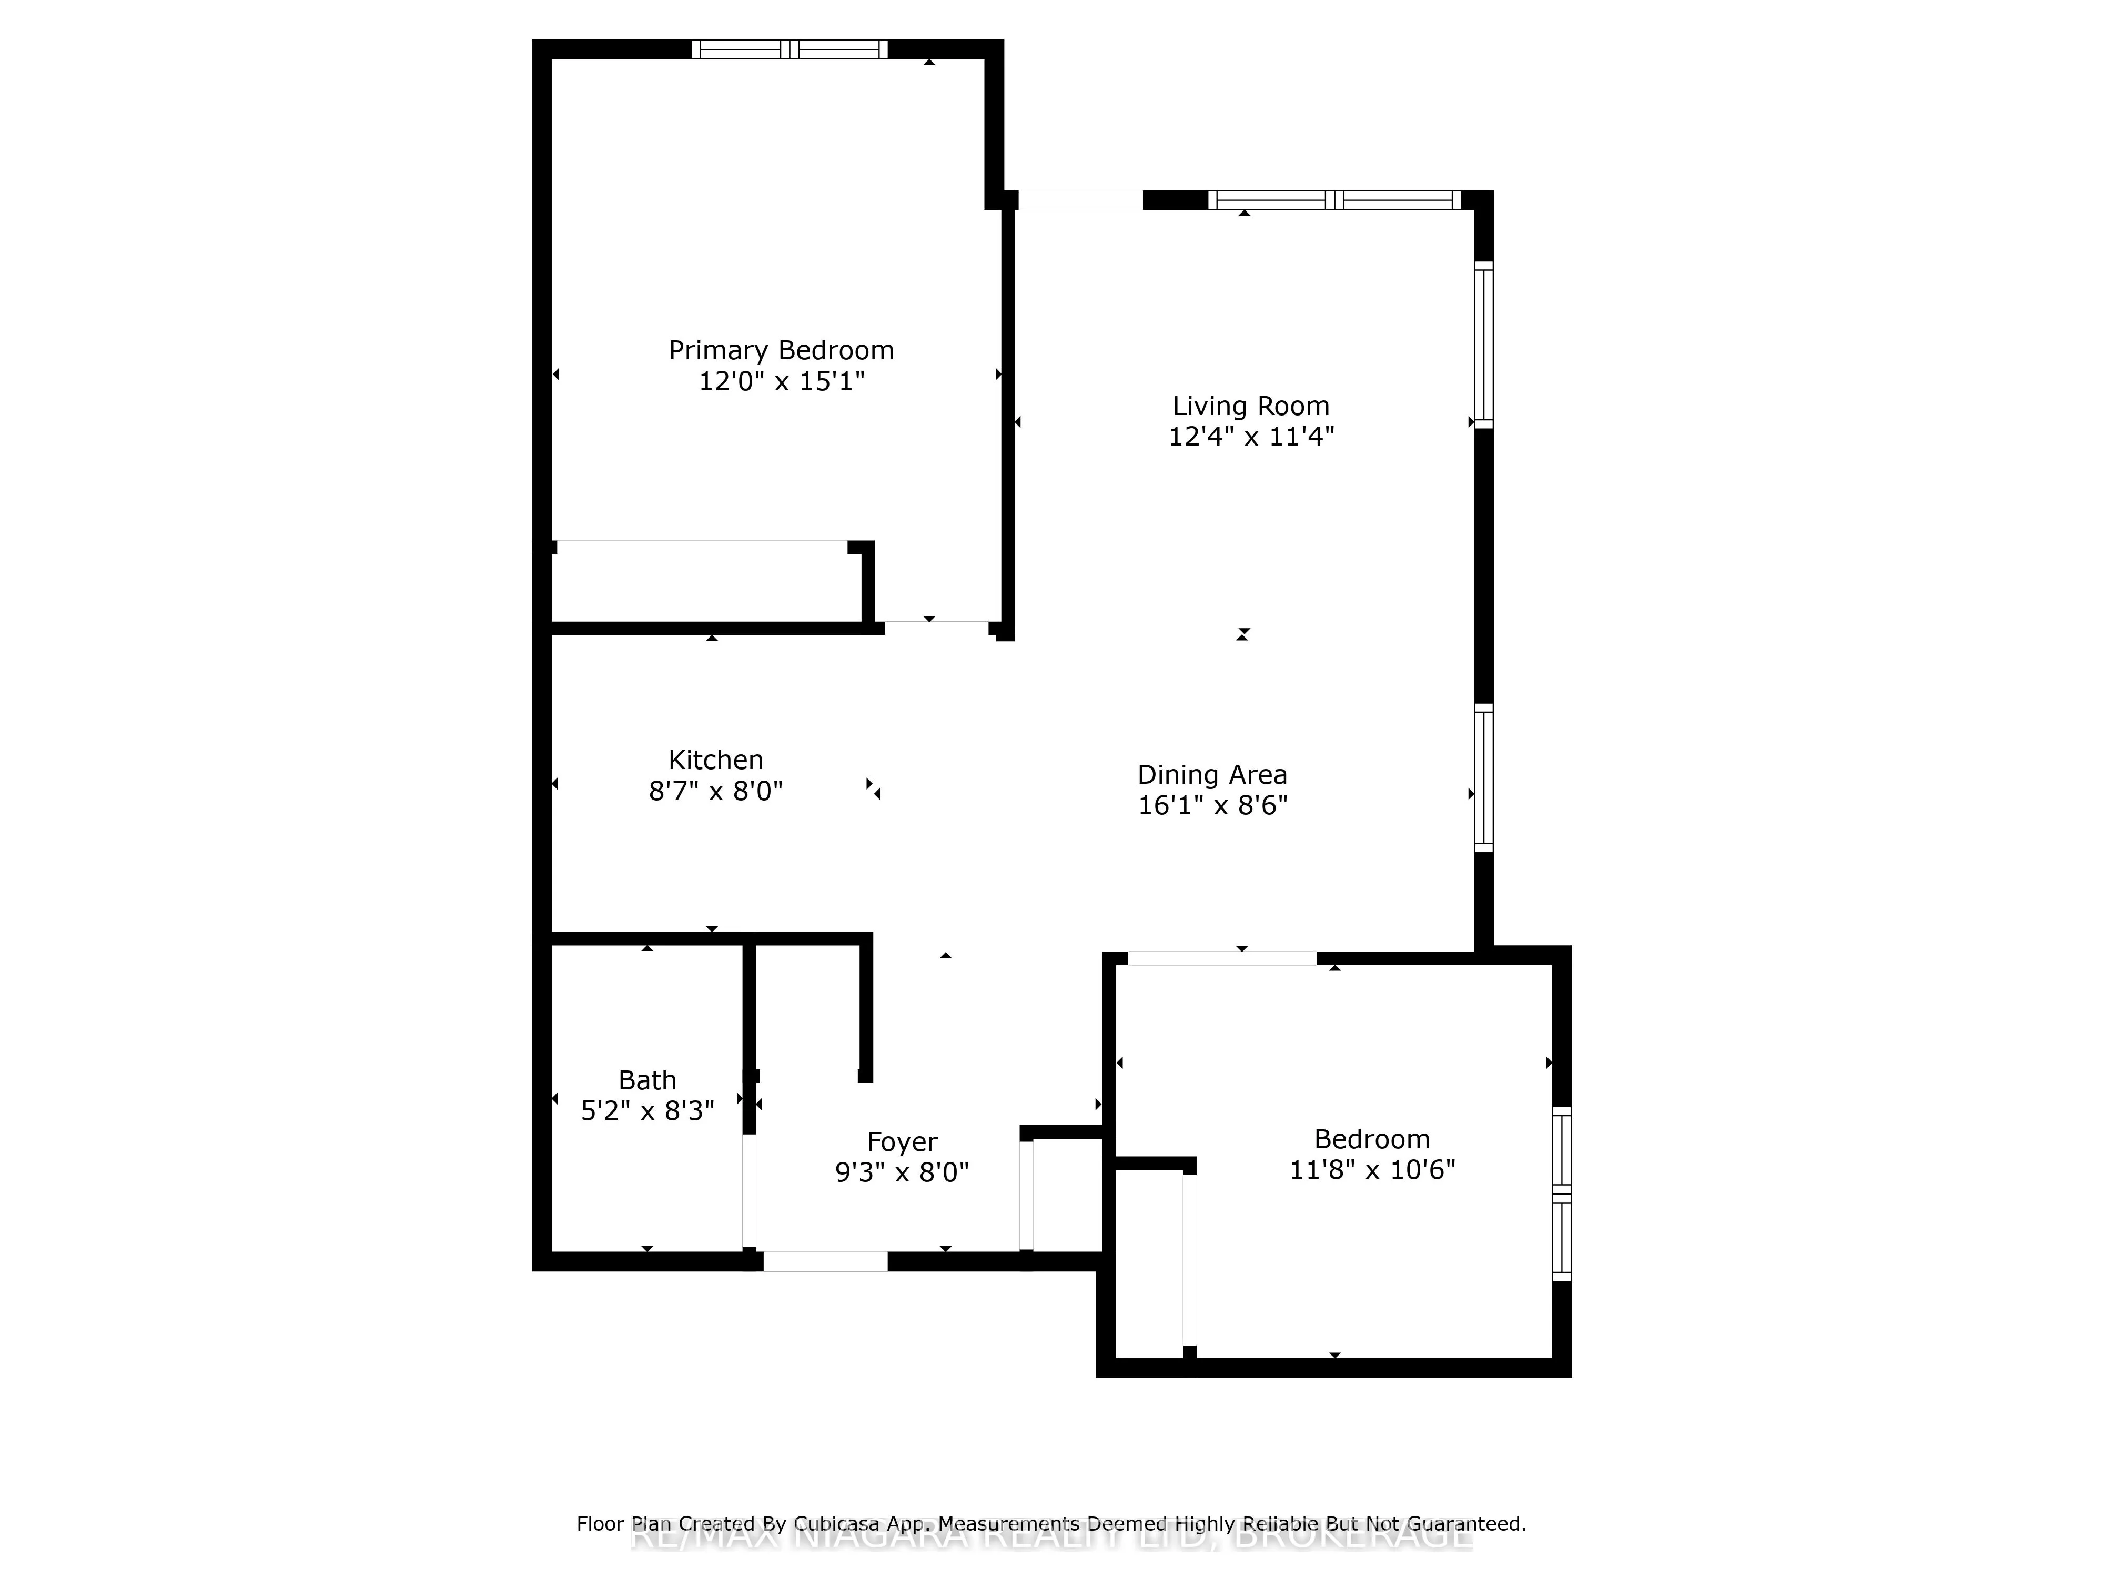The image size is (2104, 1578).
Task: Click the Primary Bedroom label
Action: tap(781, 351)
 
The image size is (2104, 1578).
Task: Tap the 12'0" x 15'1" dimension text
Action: tap(781, 381)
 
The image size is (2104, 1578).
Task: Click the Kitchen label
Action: tap(715, 760)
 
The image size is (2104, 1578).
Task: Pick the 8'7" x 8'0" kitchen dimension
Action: tap(715, 791)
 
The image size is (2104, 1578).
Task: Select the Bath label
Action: tap(647, 1080)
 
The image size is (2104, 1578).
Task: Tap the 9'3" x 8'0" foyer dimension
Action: tap(902, 1172)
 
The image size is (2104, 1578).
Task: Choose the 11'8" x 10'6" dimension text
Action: tap(1372, 1169)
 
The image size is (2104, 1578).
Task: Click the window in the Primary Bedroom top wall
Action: tap(790, 49)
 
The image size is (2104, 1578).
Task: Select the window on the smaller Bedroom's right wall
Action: tap(1561, 1193)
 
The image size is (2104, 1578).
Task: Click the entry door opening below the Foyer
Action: tap(825, 1261)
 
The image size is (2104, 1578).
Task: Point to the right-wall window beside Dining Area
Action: tap(1483, 777)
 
